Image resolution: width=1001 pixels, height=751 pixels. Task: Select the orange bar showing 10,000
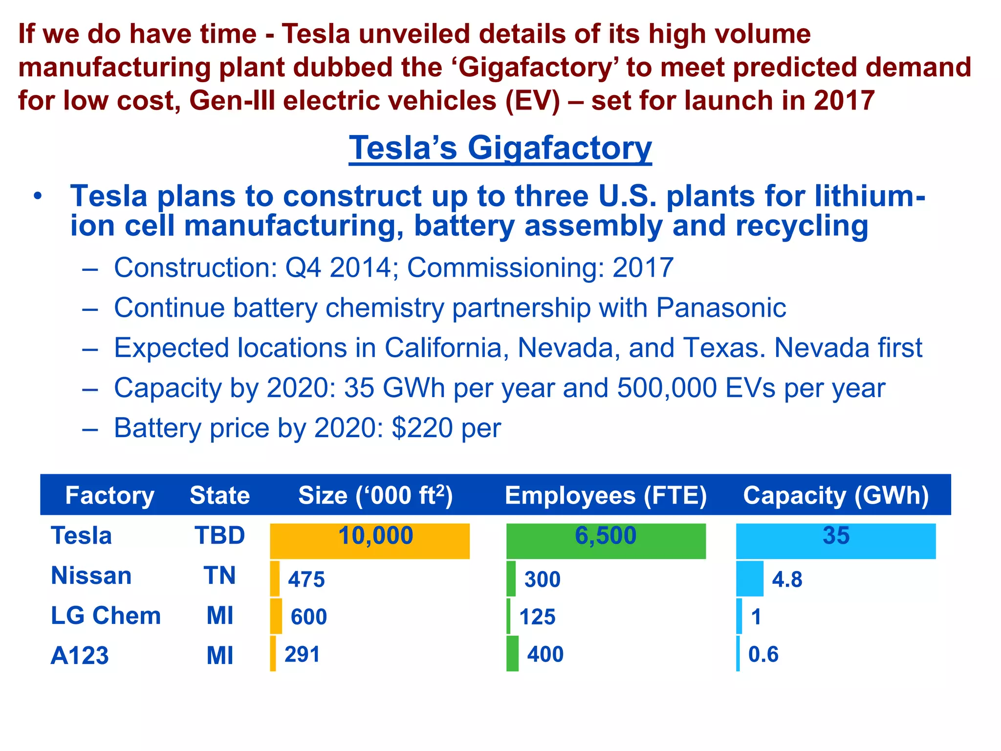[x=370, y=541]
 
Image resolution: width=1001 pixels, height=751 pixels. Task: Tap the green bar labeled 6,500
[x=606, y=541]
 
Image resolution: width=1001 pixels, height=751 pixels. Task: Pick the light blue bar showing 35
[x=836, y=541]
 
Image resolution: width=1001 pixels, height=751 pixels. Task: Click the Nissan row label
[x=91, y=575]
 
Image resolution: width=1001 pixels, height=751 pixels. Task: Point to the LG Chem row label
[x=106, y=616]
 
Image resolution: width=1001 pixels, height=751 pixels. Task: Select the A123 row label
[x=80, y=656]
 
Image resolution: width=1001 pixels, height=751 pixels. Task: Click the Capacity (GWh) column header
[x=836, y=495]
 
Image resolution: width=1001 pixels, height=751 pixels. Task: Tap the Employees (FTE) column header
[x=606, y=495]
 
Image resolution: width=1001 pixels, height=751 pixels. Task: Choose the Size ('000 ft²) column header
[x=375, y=495]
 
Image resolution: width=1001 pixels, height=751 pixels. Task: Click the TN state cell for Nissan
[x=219, y=575]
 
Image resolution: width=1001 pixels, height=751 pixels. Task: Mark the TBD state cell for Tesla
[x=219, y=535]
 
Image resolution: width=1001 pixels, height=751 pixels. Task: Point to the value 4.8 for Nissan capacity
[x=787, y=579]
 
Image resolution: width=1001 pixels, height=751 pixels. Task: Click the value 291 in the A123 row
[x=302, y=654]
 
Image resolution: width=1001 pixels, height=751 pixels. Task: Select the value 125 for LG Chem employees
[x=537, y=617]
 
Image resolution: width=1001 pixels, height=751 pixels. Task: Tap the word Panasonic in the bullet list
[x=721, y=308]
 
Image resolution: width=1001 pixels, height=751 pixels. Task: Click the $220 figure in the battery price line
[x=422, y=428]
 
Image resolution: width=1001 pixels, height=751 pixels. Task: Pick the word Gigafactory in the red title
[x=536, y=67]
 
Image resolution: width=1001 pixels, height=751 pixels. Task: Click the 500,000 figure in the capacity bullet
[x=668, y=388]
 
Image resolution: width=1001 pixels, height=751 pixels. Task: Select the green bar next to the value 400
[x=512, y=654]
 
